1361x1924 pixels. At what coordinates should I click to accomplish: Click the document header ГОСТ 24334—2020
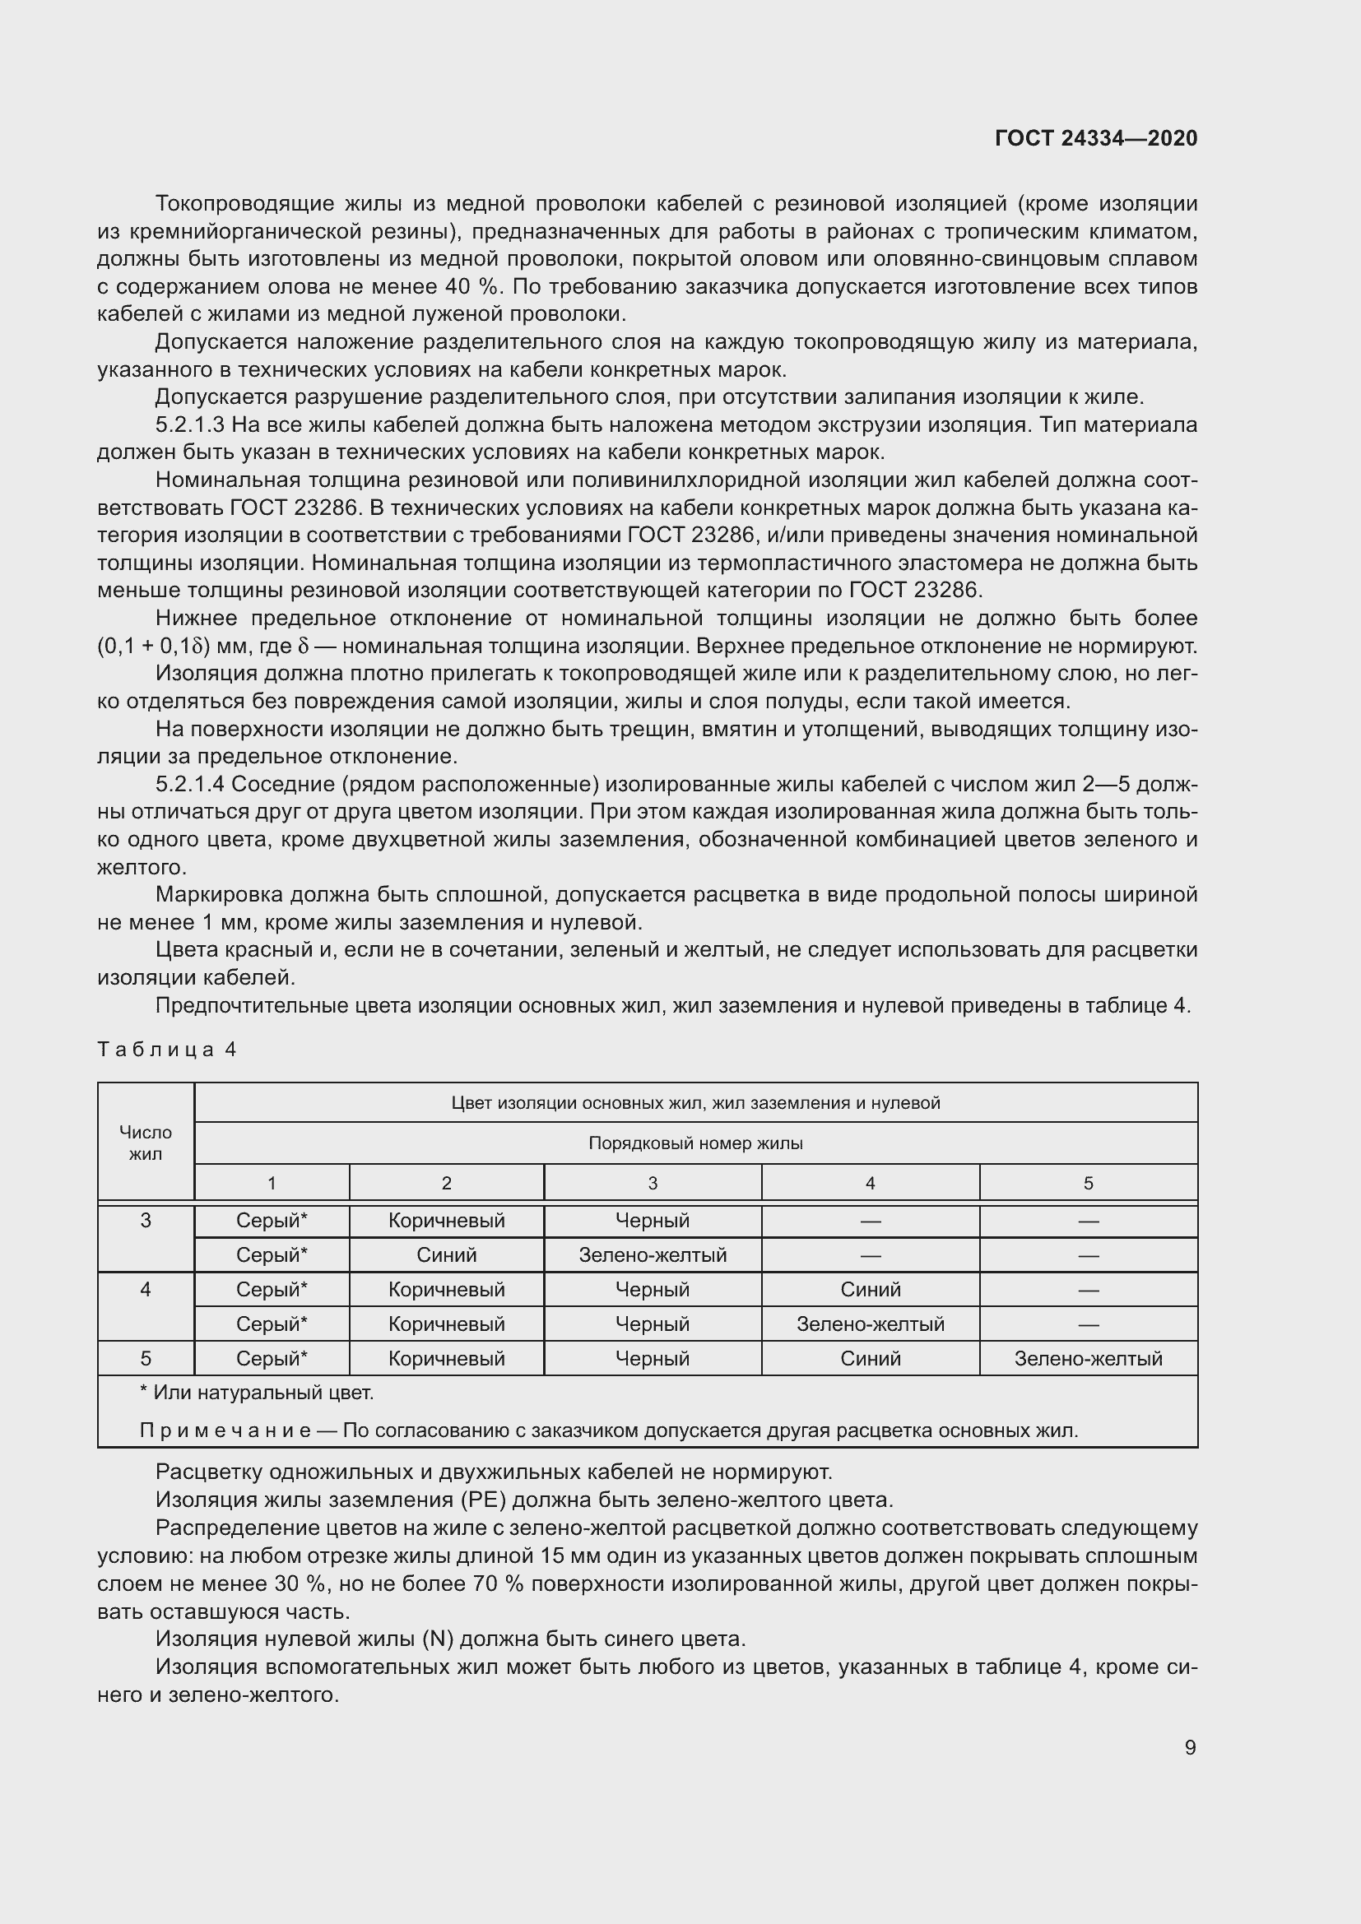click(1095, 138)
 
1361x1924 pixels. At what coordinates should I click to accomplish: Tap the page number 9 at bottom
click(1190, 1747)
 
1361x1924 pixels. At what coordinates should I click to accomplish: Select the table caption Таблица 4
click(167, 1049)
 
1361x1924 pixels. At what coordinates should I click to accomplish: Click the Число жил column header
click(146, 1143)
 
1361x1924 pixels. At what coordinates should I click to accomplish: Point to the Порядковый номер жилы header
click(694, 1143)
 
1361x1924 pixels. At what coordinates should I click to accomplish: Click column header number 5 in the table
click(1088, 1183)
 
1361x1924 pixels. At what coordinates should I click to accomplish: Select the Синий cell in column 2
click(446, 1254)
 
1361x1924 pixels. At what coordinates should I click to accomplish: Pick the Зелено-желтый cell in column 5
click(1088, 1358)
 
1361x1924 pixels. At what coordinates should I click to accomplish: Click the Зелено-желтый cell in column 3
click(652, 1254)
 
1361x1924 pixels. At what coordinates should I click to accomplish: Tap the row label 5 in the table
click(146, 1358)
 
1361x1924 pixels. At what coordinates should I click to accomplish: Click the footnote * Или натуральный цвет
click(257, 1393)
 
